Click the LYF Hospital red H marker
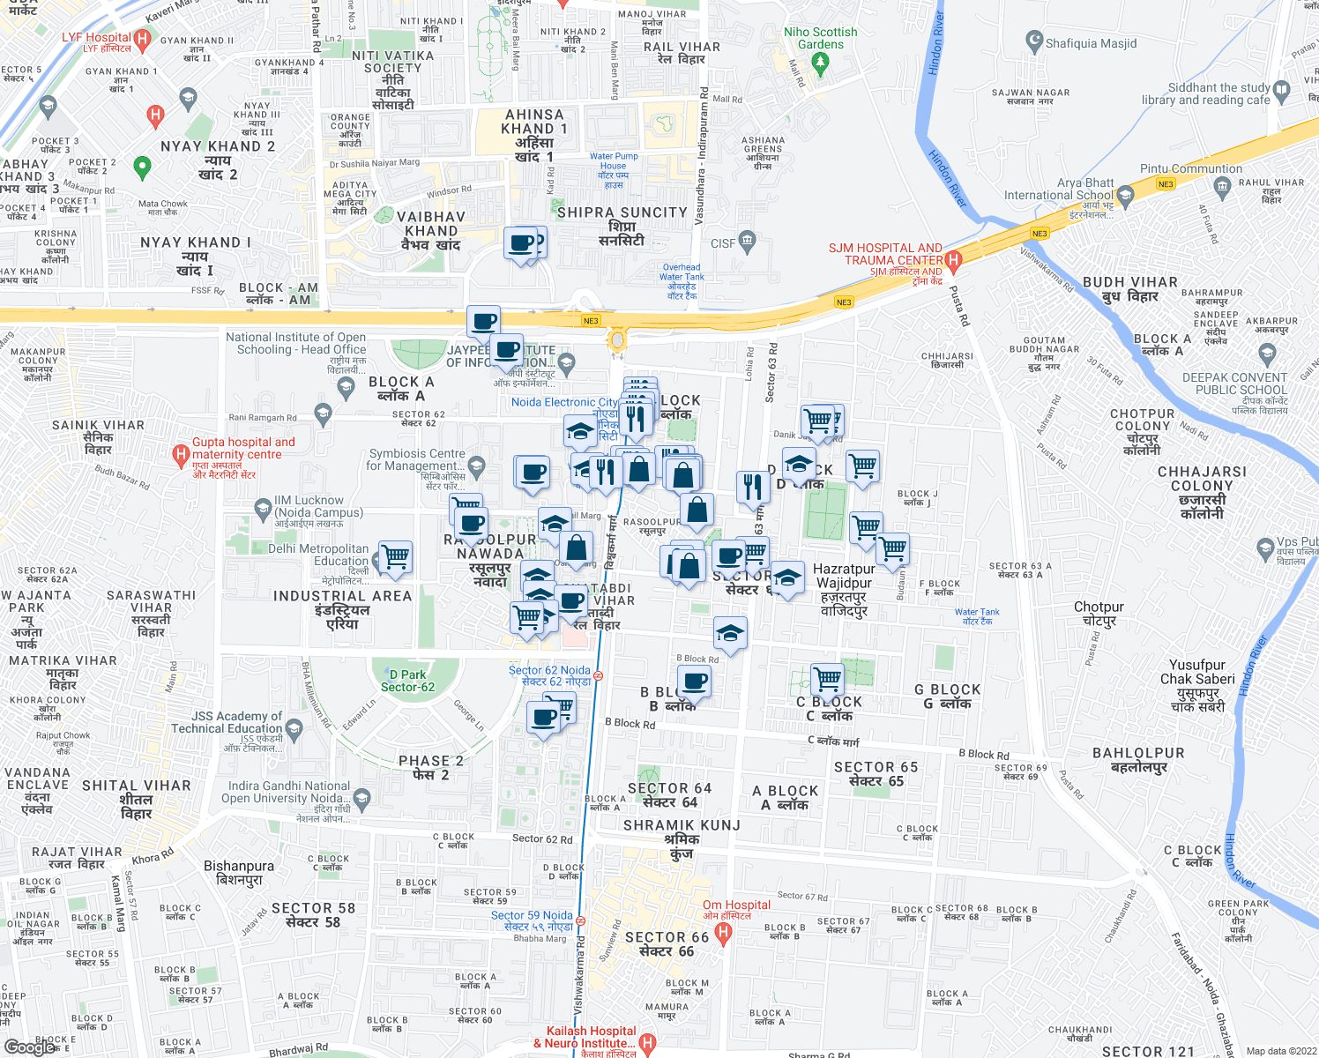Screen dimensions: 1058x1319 click(143, 39)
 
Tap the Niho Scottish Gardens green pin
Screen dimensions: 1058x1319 click(821, 63)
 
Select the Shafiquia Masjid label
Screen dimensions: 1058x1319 click(1091, 43)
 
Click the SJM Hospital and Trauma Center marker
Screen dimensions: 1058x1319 click(952, 260)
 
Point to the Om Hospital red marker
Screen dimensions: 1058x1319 click(724, 935)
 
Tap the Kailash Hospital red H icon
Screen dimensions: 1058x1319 click(648, 1043)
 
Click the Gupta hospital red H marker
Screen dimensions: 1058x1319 click(181, 455)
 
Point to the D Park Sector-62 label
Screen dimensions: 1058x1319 click(407, 681)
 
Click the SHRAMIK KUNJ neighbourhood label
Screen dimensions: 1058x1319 click(682, 826)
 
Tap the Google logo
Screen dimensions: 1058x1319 click(29, 1047)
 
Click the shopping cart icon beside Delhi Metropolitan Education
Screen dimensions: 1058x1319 click(396, 557)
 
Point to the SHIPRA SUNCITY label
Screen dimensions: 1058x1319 click(622, 212)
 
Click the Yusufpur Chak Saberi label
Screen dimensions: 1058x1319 click(1197, 672)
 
